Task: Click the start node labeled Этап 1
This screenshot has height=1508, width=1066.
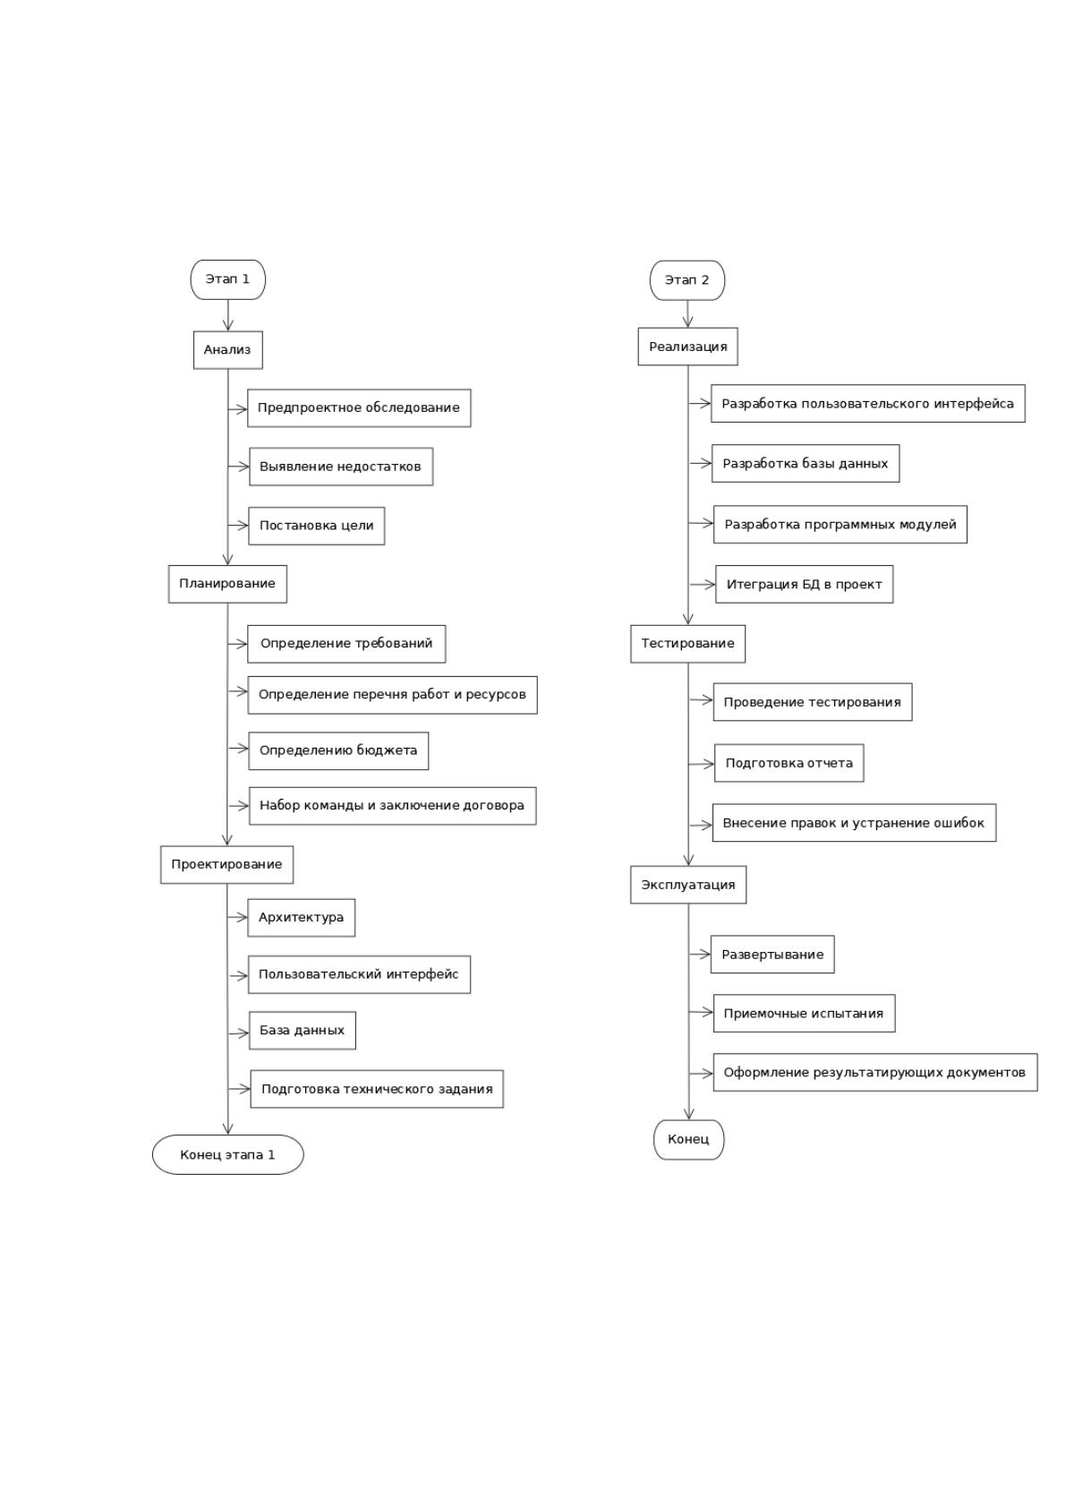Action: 227,279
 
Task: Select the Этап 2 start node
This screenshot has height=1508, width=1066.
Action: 687,280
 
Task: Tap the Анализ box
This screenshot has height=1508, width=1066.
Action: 228,350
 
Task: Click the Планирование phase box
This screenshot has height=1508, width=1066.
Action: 227,584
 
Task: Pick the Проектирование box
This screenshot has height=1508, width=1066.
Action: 226,864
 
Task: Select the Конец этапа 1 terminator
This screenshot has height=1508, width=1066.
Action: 227,1154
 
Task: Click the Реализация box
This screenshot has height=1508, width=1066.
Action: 687,347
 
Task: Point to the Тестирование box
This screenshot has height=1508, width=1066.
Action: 687,644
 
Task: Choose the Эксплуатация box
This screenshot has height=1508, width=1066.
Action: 688,885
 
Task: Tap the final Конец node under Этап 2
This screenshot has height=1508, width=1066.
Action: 688,1140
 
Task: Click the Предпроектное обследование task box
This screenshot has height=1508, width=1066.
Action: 359,408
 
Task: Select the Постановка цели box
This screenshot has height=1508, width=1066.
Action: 317,526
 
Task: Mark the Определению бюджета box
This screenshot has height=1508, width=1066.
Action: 338,750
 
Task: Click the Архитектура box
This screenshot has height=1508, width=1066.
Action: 302,918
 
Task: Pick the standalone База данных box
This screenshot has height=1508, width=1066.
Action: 303,1030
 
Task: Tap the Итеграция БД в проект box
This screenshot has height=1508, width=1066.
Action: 805,585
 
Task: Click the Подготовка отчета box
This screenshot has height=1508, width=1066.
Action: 789,763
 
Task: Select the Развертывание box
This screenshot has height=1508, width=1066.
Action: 772,954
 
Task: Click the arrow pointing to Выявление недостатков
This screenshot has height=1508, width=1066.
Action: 238,467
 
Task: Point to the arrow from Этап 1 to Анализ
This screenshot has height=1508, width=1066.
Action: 228,315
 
